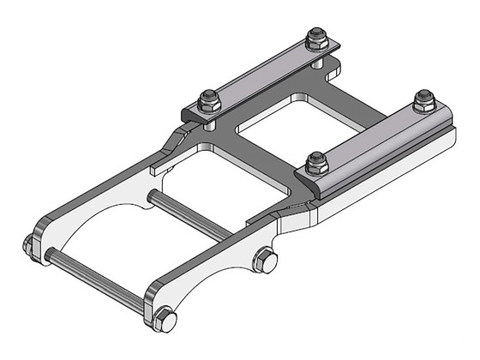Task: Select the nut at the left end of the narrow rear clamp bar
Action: [208, 99]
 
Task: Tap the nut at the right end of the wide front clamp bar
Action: [422, 101]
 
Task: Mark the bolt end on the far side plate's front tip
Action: [30, 245]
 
